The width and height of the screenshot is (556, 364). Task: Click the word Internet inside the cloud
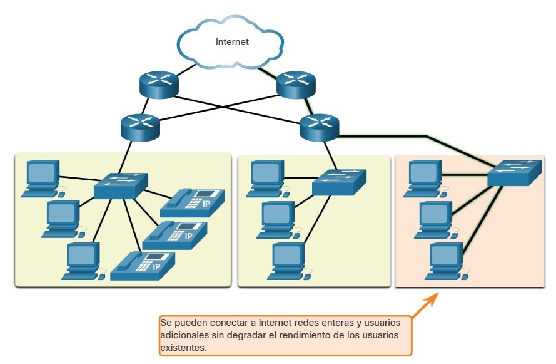click(x=232, y=42)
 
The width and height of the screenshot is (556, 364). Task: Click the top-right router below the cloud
click(x=296, y=85)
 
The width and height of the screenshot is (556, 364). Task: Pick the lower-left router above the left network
click(x=140, y=127)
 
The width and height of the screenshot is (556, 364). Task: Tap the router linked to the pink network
click(x=320, y=127)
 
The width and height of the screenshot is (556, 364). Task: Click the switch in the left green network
click(x=121, y=185)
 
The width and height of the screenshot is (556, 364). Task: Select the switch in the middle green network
click(x=339, y=182)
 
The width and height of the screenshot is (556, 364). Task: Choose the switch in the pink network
click(x=515, y=173)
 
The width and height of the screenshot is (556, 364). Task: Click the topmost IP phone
click(x=193, y=203)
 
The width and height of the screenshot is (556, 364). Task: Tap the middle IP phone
click(x=174, y=235)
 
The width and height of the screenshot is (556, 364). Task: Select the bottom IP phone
click(x=143, y=266)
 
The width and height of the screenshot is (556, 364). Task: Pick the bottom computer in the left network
click(x=84, y=261)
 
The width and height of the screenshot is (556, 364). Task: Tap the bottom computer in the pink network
click(x=447, y=261)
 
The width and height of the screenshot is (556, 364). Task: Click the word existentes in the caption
click(x=183, y=348)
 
